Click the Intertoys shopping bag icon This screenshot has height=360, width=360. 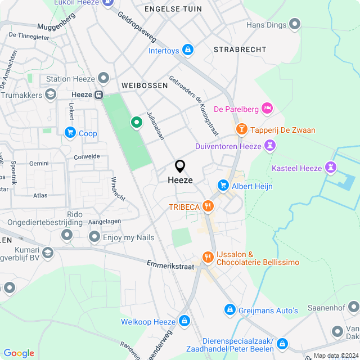click(188, 51)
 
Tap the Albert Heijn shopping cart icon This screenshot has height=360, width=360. click(223, 185)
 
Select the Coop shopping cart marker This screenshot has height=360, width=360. click(70, 133)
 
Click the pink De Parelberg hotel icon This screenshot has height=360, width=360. click(267, 107)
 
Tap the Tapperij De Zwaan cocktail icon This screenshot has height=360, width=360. click(241, 129)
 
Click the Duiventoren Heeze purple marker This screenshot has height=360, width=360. click(271, 146)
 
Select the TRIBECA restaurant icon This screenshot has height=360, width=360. click(208, 206)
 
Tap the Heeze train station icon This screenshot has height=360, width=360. click(99, 94)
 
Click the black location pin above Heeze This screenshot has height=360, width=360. click(180, 166)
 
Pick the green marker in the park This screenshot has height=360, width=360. click(136, 121)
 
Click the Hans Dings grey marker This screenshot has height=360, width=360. click(294, 24)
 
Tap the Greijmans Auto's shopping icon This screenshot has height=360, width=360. click(229, 309)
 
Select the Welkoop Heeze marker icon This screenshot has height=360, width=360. click(184, 322)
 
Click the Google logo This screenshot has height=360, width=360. click(19, 353)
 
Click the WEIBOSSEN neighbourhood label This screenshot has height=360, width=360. click(145, 85)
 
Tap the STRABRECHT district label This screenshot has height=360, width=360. click(240, 49)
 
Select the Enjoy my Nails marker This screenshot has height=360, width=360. click(94, 237)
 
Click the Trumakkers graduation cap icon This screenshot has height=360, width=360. click(51, 95)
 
